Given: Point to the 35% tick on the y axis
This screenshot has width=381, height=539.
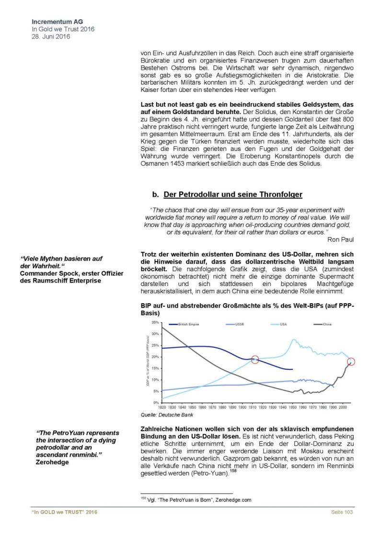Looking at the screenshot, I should (x=155, y=322).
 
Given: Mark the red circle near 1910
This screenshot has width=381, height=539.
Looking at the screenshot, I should (x=255, y=359).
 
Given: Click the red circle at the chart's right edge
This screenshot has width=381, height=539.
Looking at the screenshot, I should (x=351, y=362).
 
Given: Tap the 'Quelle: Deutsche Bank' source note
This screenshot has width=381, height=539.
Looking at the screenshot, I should (x=162, y=415).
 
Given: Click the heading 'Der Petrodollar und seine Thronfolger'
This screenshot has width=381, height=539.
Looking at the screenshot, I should (x=233, y=195).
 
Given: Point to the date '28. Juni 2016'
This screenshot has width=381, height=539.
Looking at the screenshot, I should (x=50, y=36).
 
